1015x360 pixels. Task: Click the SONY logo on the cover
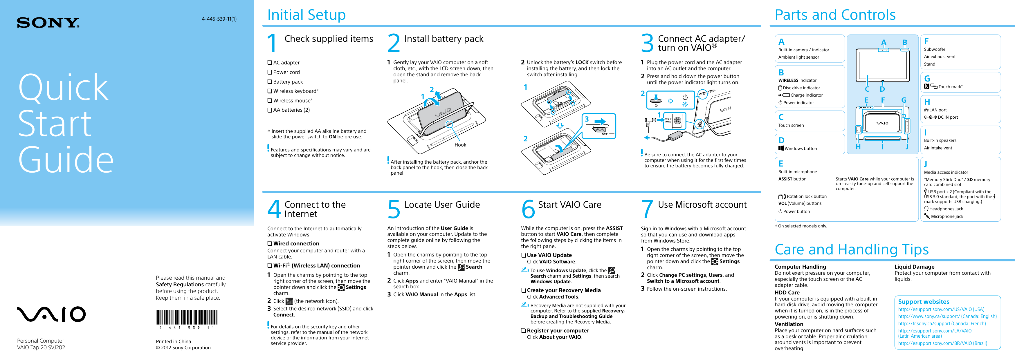pos(48,23)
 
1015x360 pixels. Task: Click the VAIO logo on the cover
pos(51,314)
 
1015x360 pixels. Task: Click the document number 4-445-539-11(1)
pos(219,19)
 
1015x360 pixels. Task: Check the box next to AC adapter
pos(270,63)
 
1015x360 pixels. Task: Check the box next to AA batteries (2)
pos(270,110)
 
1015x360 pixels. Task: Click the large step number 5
pos(394,209)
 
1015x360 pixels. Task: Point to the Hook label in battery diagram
pos(460,145)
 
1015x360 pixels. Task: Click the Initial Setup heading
pos(306,15)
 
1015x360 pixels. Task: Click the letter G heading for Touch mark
pos(927,78)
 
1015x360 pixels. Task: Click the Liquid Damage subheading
pos(914,267)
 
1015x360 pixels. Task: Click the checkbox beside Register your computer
pos(524,331)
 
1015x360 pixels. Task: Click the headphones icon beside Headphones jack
pos(926,209)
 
